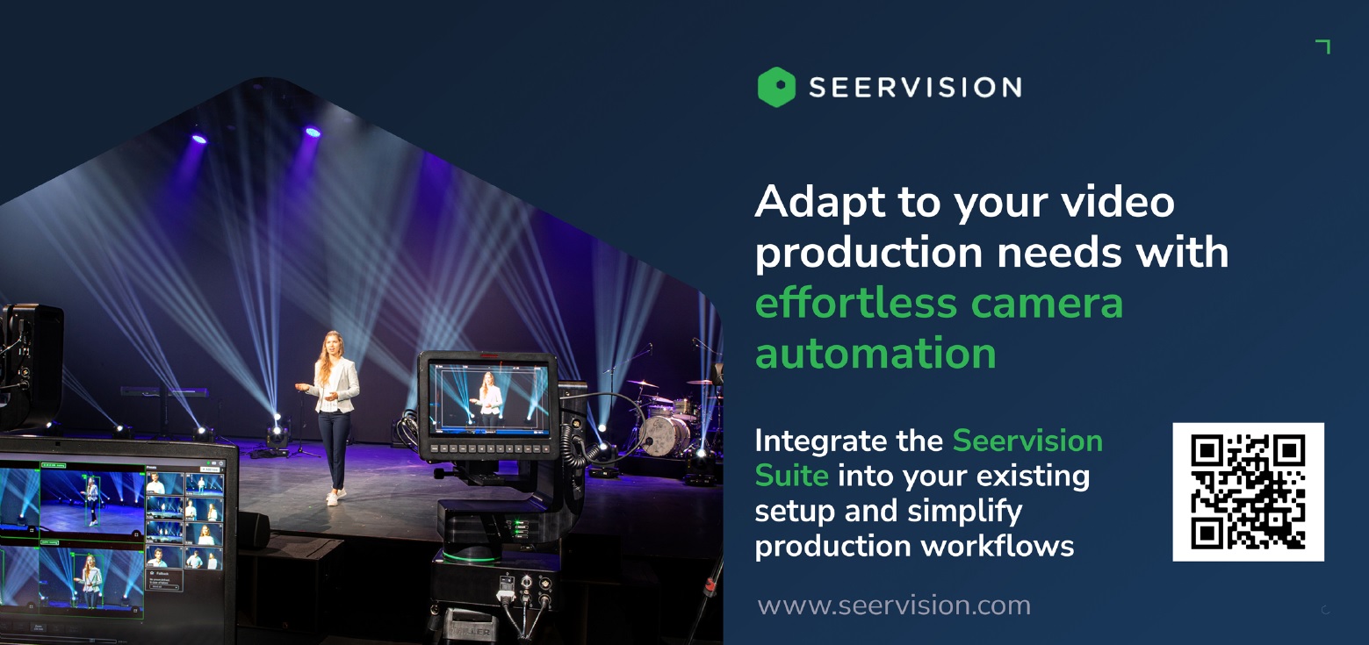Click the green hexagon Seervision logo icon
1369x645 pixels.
click(776, 88)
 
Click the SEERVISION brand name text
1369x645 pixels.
click(915, 88)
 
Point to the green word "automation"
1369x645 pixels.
click(875, 355)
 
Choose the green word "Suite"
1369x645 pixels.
click(791, 476)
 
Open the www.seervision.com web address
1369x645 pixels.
click(894, 606)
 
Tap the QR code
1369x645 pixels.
click(1249, 491)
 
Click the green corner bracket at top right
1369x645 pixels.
click(1323, 47)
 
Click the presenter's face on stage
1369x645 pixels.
click(333, 344)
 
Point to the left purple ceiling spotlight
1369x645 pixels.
click(199, 140)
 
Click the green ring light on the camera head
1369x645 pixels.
click(471, 557)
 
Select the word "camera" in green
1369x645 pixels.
click(1047, 305)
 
